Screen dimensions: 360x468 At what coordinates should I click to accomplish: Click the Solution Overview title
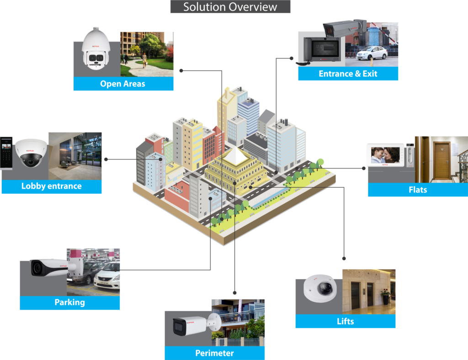(230, 7)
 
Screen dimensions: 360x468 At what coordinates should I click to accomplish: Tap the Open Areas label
(123, 84)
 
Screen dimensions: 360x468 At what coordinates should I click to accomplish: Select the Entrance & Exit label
(348, 74)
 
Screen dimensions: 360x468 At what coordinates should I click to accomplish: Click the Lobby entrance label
(51, 186)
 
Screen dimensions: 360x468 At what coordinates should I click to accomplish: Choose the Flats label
(418, 190)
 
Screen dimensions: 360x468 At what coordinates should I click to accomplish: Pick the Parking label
(69, 302)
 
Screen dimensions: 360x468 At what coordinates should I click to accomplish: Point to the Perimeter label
(214, 353)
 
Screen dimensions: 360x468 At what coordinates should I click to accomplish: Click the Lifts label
(345, 321)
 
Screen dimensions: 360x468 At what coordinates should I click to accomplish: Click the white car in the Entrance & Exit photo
(372, 53)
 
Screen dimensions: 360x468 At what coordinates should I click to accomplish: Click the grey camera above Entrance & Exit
(344, 28)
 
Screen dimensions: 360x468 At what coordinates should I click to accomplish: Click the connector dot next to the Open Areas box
(181, 71)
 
